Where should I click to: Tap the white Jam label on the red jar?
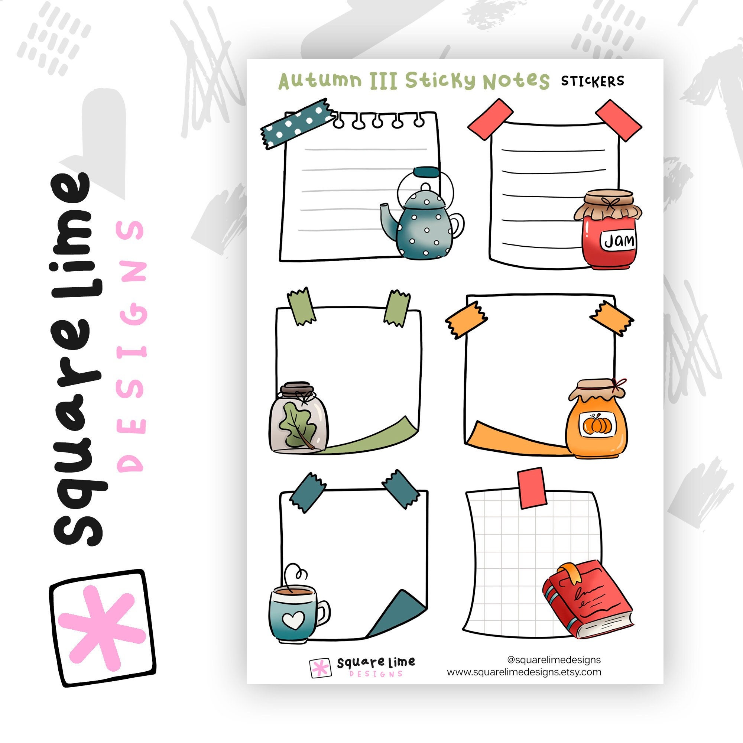click(618, 241)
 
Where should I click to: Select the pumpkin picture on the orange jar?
click(597, 425)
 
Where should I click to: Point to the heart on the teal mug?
click(293, 620)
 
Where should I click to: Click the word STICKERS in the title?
click(592, 81)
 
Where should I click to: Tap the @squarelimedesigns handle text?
click(554, 660)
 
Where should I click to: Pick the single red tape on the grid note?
click(532, 488)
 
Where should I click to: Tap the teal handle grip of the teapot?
click(425, 172)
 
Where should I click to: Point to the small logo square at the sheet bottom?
click(320, 668)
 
